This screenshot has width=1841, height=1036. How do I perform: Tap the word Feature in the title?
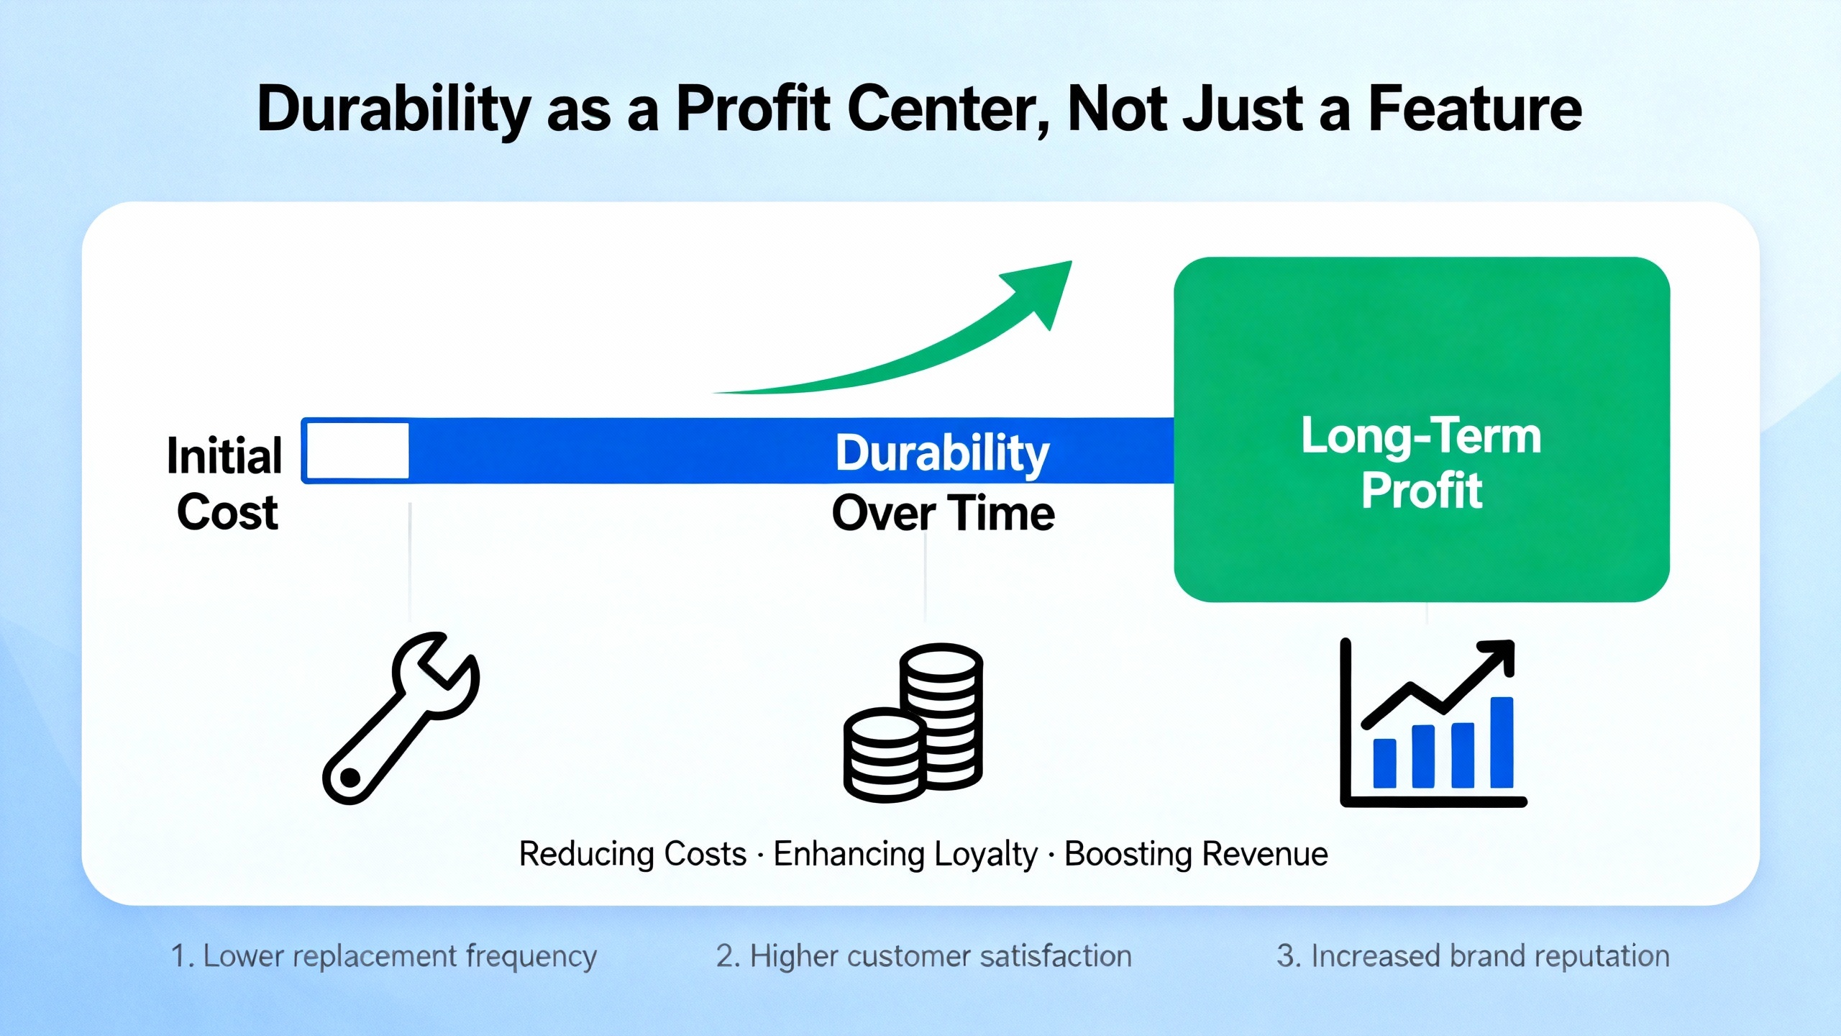1474,109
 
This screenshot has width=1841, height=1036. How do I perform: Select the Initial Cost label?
225,483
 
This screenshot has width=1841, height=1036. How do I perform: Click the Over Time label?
944,513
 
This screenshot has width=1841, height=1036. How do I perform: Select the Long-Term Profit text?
1422,463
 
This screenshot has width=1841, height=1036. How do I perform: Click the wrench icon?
401,718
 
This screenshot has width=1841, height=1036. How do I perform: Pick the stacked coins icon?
913,722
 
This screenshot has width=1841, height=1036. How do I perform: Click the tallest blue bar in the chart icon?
1502,742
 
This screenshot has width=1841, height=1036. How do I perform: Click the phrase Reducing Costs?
633,854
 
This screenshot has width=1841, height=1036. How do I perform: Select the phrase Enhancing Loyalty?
905,855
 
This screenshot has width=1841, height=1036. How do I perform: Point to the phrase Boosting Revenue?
1196,854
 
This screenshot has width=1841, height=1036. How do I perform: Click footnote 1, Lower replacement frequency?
383,956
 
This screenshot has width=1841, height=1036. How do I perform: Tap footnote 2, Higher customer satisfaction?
924,956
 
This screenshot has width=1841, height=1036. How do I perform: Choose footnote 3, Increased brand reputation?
1473,956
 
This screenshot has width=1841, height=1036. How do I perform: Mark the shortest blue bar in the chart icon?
1385,763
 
